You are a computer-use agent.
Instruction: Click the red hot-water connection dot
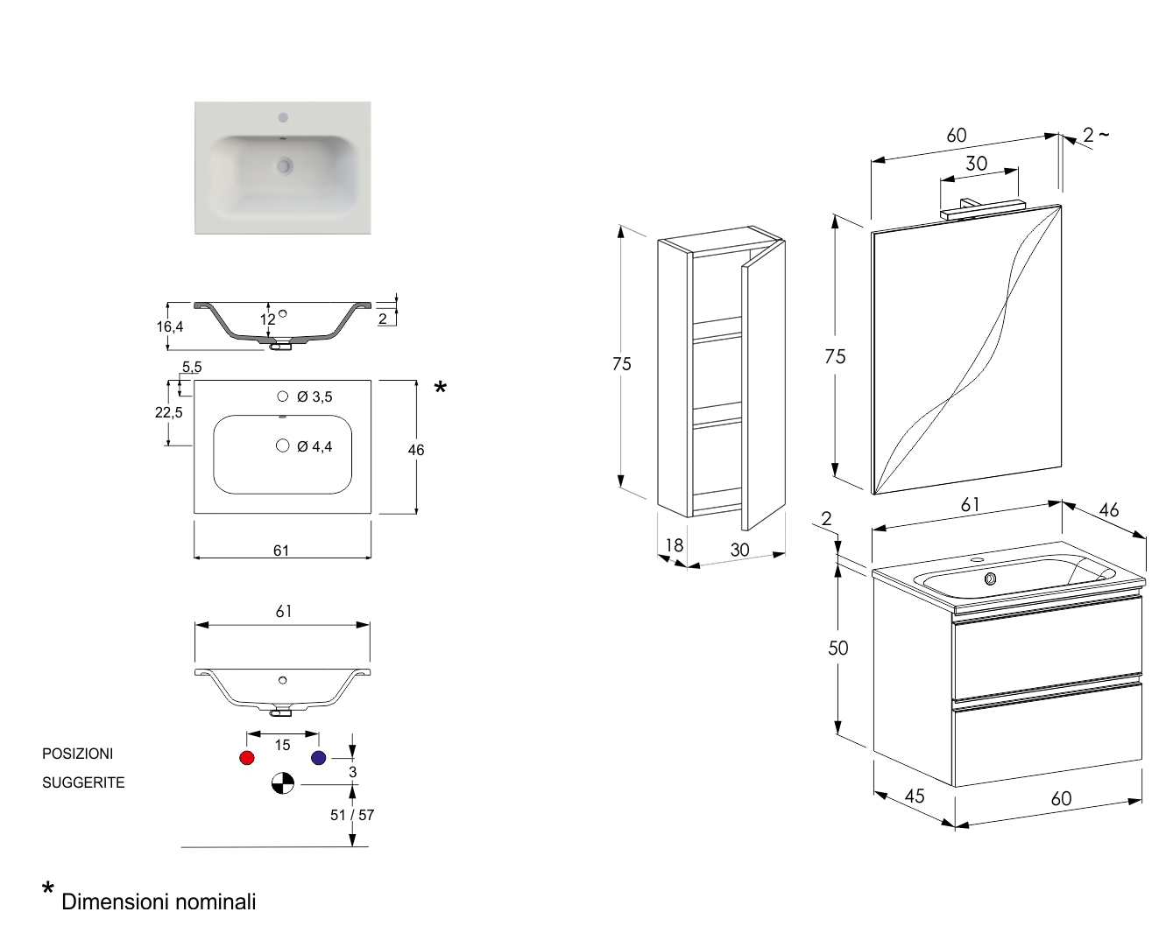(247, 758)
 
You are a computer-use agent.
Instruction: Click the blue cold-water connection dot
(318, 758)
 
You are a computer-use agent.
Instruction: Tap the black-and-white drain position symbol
(282, 783)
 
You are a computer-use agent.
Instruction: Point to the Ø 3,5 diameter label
(314, 397)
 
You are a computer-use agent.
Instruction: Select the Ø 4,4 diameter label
(314, 447)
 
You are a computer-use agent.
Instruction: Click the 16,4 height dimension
(170, 326)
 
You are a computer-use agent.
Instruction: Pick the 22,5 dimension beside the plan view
(169, 412)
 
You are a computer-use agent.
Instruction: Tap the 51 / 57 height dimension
(352, 815)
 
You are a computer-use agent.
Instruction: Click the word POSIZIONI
(78, 754)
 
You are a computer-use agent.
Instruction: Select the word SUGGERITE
(83, 782)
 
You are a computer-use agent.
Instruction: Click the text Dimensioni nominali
(159, 901)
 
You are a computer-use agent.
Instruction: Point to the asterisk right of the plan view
(440, 389)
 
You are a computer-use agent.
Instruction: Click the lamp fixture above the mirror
(981, 208)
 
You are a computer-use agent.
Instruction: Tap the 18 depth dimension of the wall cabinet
(674, 545)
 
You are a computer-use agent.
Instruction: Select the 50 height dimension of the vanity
(838, 648)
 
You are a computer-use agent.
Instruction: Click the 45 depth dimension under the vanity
(915, 796)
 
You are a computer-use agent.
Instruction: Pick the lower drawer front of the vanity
(1047, 735)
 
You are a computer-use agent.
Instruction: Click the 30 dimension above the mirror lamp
(977, 164)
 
